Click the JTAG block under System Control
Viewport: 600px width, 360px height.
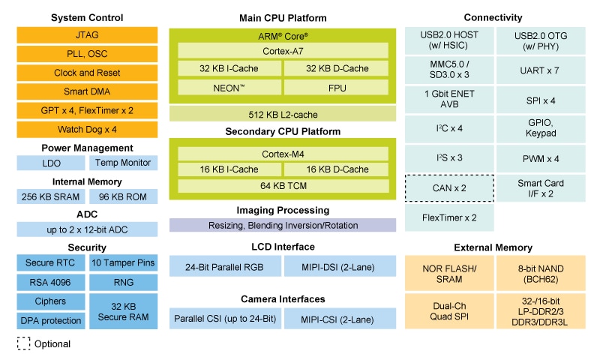pyautogui.click(x=87, y=34)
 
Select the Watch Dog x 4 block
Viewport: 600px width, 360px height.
pyautogui.click(x=87, y=129)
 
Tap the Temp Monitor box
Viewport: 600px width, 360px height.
pyautogui.click(x=123, y=163)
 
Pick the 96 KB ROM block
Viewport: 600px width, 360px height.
pyautogui.click(x=123, y=196)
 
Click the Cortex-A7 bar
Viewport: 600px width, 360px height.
pyautogui.click(x=283, y=50)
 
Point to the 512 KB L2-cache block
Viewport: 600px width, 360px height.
pyautogui.click(x=283, y=113)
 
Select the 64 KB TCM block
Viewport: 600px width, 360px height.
pyautogui.click(x=283, y=185)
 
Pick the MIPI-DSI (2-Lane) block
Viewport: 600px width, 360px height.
pyautogui.click(x=339, y=266)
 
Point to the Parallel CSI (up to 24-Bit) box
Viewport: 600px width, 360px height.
pyautogui.click(x=224, y=318)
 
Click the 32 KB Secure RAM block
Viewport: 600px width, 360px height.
pyautogui.click(x=123, y=310)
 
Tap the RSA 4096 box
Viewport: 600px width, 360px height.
pyautogui.click(x=50, y=282)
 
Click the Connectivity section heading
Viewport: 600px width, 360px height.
pyautogui.click(x=493, y=17)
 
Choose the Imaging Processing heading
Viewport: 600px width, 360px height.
pyautogui.click(x=283, y=211)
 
